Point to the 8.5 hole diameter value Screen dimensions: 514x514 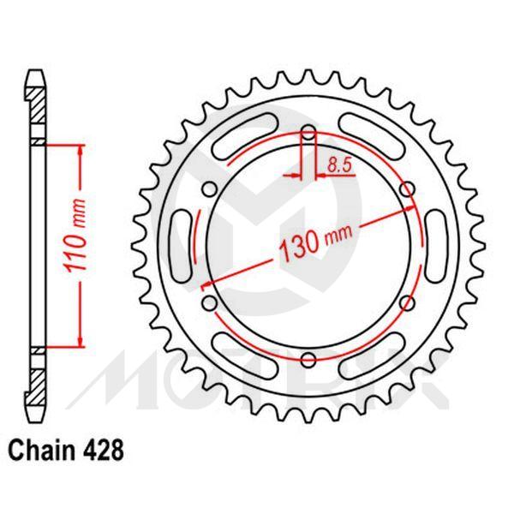coord(338,164)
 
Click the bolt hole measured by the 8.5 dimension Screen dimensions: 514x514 coord(308,133)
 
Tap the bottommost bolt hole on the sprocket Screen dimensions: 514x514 coord(308,359)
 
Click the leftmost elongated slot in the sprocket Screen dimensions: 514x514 coord(184,246)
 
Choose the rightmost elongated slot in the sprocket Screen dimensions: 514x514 coord(433,246)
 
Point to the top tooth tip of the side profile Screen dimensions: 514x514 coord(35,75)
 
